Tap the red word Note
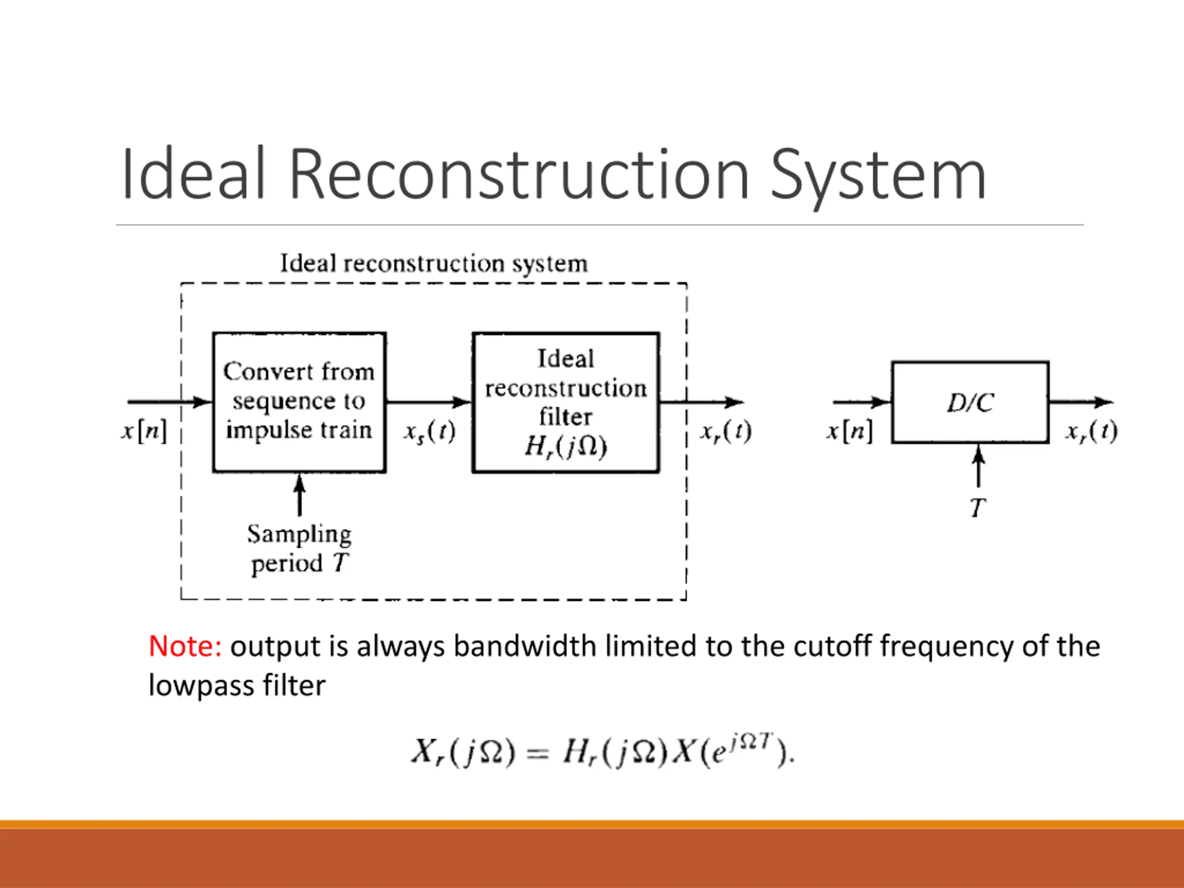(185, 646)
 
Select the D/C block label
(970, 402)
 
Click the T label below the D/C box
(978, 507)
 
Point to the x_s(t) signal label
(429, 432)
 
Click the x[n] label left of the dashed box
(143, 430)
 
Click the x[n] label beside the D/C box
(849, 430)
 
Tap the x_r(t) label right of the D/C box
(1091, 432)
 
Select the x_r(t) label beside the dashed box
(726, 432)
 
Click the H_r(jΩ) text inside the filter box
(566, 446)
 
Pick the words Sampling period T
(299, 549)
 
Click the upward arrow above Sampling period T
(300, 495)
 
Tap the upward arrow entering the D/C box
(979, 466)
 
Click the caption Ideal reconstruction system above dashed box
(434, 263)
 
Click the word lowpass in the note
(201, 686)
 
